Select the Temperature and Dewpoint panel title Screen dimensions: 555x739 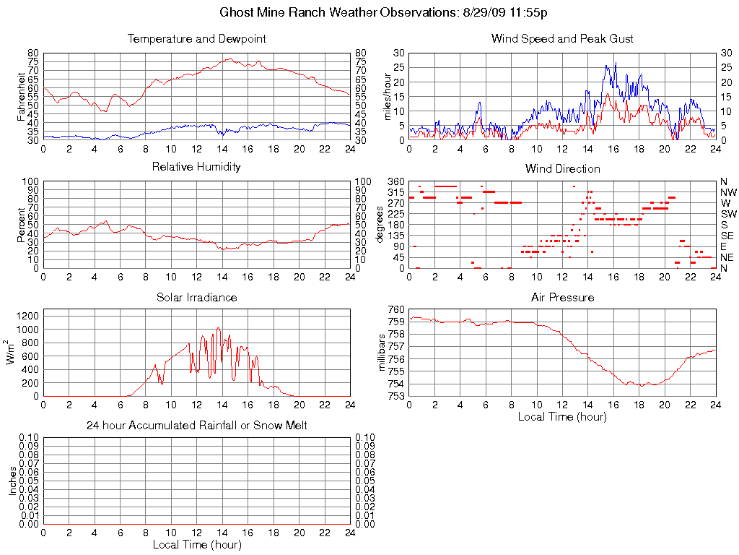(x=196, y=38)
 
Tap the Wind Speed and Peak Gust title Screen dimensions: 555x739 (x=561, y=38)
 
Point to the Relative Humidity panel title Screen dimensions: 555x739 (x=196, y=167)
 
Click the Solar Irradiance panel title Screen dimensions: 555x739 (x=196, y=297)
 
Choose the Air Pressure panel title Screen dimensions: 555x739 (x=562, y=297)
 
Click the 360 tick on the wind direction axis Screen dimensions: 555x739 (x=396, y=181)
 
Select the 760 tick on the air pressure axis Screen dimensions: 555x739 (x=396, y=309)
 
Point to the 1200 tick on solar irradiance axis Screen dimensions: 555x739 (x=27, y=316)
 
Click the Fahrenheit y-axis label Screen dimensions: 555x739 (x=22, y=96)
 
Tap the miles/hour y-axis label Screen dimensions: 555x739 (x=387, y=96)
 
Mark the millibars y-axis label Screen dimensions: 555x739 (x=382, y=353)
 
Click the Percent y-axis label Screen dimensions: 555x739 (x=22, y=225)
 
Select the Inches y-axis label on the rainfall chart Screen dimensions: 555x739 (x=12, y=481)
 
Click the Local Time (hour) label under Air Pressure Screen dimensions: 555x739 (x=562, y=416)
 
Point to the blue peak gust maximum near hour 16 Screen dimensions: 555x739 (x=606, y=64)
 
